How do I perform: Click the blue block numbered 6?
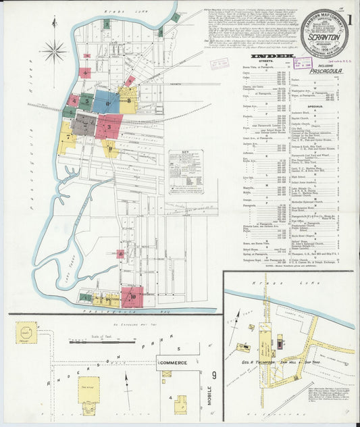tap(106, 101)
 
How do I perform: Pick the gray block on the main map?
tap(84, 124)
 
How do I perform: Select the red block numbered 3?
tap(109, 126)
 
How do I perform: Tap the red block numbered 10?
tap(132, 295)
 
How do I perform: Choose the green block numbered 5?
tap(86, 102)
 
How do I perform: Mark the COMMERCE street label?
tap(173, 363)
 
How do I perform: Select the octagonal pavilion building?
tap(26, 330)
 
